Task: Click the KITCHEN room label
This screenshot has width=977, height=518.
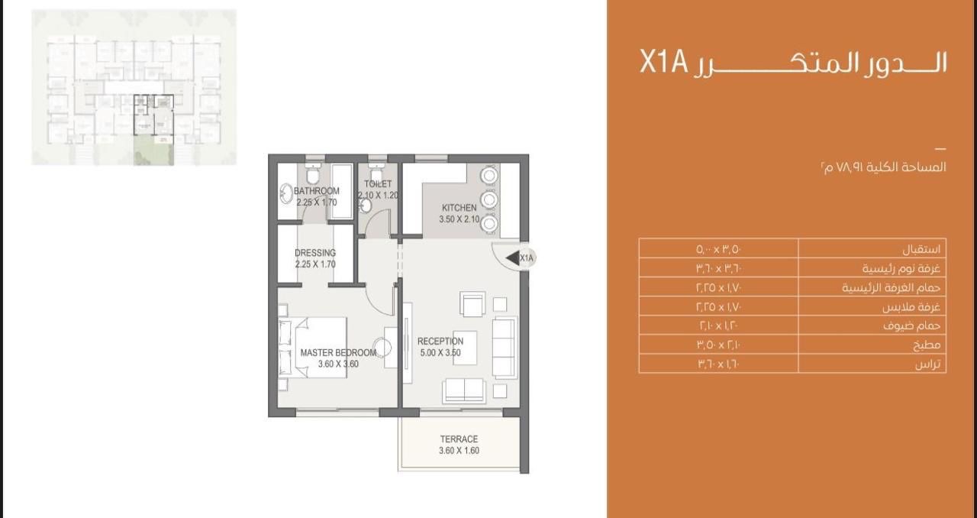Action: click(459, 208)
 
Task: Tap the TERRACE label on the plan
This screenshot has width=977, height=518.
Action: click(459, 439)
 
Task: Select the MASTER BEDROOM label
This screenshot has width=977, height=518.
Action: click(338, 352)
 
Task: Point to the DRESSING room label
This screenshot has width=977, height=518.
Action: click(315, 253)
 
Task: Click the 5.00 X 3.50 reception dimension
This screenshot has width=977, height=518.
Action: click(440, 352)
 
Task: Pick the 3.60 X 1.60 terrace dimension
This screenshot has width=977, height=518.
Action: click(459, 450)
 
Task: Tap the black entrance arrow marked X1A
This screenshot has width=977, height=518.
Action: click(512, 257)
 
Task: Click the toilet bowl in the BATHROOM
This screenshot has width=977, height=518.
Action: click(312, 174)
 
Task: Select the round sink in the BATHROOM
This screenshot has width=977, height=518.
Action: click(286, 194)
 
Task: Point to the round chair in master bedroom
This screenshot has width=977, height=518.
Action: click(382, 348)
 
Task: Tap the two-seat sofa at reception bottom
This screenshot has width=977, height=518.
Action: click(463, 390)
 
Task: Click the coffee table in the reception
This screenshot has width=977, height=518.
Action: click(465, 348)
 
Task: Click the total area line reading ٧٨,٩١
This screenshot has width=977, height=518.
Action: click(883, 167)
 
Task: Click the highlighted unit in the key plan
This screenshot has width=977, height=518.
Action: click(153, 115)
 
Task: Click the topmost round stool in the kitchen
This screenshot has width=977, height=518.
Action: click(489, 175)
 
